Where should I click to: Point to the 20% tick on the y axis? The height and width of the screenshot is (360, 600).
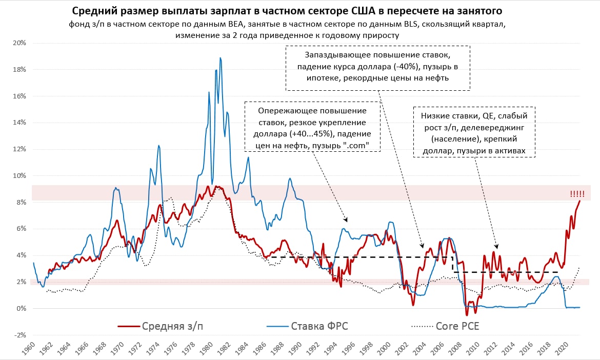[20, 43]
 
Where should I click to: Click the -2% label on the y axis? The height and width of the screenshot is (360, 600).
[19, 335]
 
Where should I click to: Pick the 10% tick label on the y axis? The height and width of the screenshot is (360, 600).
[20, 175]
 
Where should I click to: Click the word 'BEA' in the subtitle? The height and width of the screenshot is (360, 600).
[237, 25]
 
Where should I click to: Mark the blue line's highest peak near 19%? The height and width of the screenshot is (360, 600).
[221, 58]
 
